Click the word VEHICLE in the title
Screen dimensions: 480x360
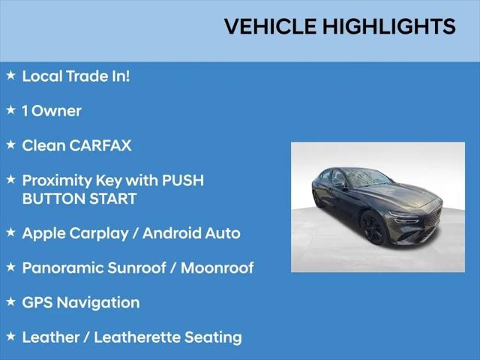(270, 26)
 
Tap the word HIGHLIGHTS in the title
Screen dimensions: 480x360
(389, 26)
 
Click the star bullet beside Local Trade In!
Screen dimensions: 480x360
(10, 75)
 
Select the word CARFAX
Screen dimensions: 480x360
(100, 145)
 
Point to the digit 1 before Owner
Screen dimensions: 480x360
(25, 111)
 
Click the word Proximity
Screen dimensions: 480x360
(57, 181)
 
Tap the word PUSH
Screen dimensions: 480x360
(183, 180)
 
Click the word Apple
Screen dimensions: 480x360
(43, 233)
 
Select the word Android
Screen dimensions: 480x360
(172, 233)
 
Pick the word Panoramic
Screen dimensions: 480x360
(62, 268)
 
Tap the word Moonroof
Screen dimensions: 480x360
(217, 268)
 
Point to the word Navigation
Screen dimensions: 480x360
(98, 303)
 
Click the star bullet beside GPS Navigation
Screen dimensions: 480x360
(10, 301)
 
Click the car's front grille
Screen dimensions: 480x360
(433, 217)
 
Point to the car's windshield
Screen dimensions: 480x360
(369, 178)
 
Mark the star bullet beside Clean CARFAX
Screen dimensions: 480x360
(10, 145)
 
